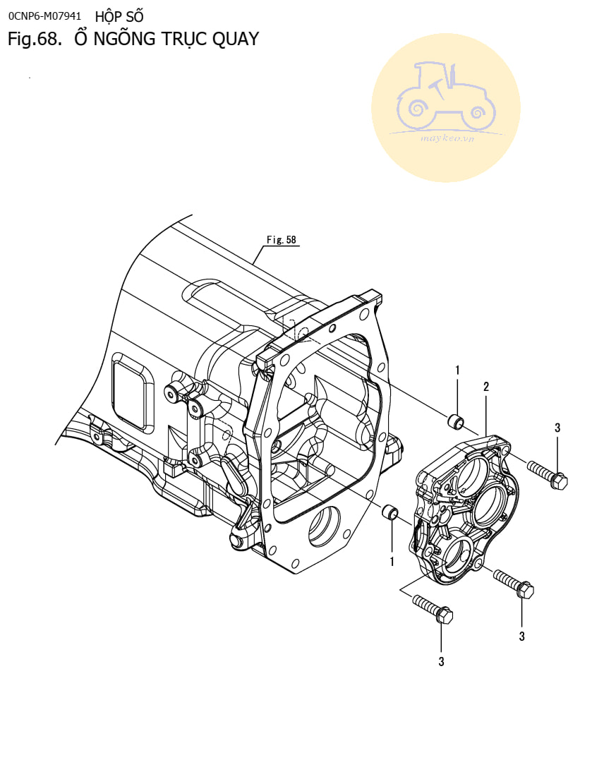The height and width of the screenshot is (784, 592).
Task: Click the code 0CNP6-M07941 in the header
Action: (x=44, y=16)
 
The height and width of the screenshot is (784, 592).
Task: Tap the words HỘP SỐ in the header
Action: (x=119, y=16)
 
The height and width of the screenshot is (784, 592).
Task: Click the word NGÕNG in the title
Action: (x=124, y=39)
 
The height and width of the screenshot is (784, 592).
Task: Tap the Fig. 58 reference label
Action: (x=282, y=239)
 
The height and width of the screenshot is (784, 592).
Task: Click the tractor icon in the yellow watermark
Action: (x=446, y=95)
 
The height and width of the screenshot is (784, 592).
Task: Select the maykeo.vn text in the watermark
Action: (x=447, y=138)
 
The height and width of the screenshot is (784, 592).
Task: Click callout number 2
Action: (x=486, y=386)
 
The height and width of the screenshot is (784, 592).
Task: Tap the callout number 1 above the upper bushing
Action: (x=457, y=370)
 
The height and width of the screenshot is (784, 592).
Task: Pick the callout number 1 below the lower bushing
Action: (x=392, y=562)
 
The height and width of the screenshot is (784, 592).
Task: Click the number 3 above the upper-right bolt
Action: (x=557, y=428)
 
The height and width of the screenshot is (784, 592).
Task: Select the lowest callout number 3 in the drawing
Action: (x=441, y=661)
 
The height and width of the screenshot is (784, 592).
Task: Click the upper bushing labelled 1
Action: (x=455, y=421)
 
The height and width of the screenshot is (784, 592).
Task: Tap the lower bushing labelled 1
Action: (x=390, y=513)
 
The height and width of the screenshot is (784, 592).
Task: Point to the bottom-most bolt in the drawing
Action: (x=433, y=609)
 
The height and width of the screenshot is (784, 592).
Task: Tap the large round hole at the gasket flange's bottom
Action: (x=325, y=526)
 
